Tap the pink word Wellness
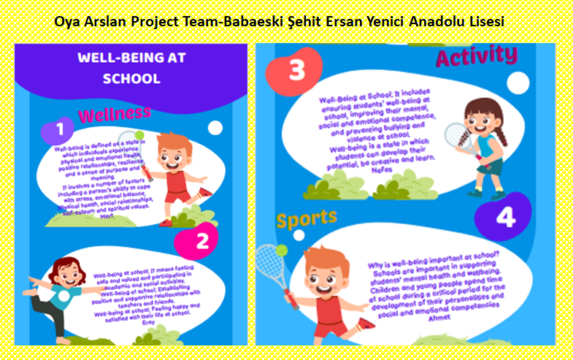(x=115, y=114)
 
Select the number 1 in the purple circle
(x=60, y=131)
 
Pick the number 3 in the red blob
(x=297, y=70)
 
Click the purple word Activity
(x=476, y=57)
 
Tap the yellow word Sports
(x=306, y=218)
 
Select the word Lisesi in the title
(x=481, y=21)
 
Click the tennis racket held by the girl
(x=455, y=134)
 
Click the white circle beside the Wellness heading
(x=215, y=129)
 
